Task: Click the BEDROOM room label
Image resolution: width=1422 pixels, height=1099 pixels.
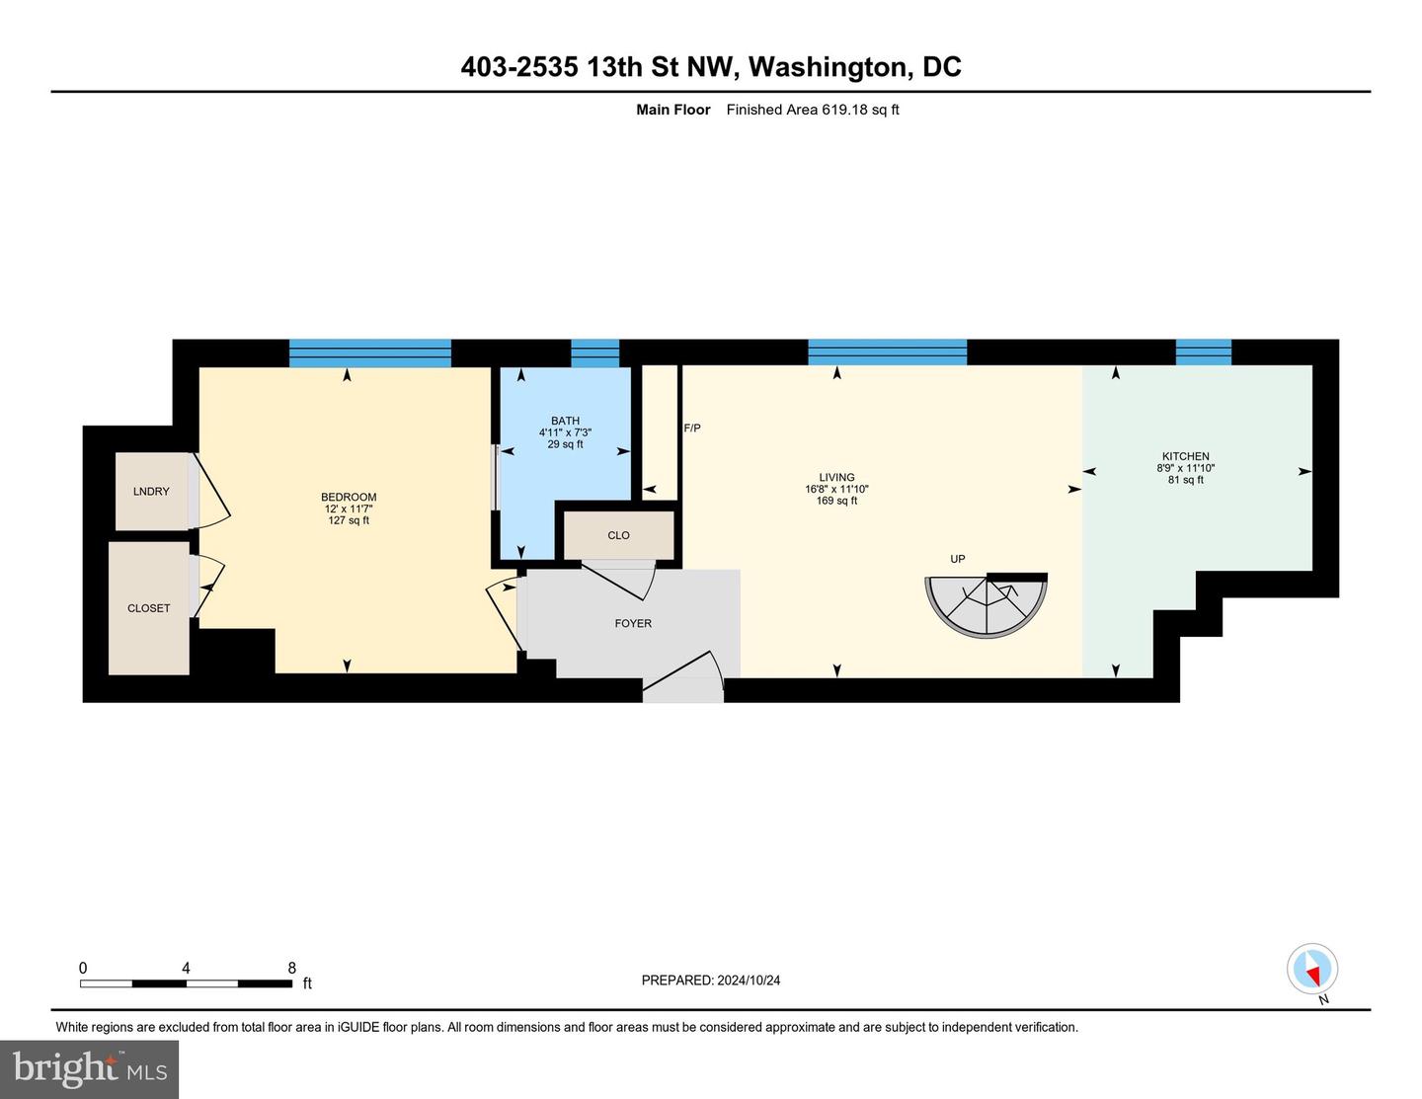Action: pyautogui.click(x=349, y=497)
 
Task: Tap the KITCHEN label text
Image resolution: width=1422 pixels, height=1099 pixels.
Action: pyautogui.click(x=1185, y=456)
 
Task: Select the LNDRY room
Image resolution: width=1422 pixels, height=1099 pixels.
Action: pyautogui.click(x=152, y=492)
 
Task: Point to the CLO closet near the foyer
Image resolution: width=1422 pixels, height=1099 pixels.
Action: pyautogui.click(x=618, y=535)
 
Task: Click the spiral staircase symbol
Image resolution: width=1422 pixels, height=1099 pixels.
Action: pyautogui.click(x=986, y=605)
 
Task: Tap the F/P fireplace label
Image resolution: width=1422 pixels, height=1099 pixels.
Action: pyautogui.click(x=691, y=428)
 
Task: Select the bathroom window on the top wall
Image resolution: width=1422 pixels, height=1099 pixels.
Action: pyautogui.click(x=594, y=353)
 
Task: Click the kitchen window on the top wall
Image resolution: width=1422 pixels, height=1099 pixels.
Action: pyautogui.click(x=1204, y=353)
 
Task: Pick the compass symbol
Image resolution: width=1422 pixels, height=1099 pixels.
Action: pyautogui.click(x=1312, y=970)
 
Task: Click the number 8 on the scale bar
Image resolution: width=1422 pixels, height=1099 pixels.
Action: pyautogui.click(x=292, y=968)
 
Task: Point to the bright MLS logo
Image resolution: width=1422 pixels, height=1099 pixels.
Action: pyautogui.click(x=89, y=1069)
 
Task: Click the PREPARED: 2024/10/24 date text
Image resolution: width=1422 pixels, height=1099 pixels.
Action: pyautogui.click(x=711, y=980)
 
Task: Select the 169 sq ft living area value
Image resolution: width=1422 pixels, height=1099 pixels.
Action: pyautogui.click(x=836, y=501)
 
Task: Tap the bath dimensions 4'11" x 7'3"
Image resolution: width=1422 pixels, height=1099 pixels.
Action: pyautogui.click(x=565, y=432)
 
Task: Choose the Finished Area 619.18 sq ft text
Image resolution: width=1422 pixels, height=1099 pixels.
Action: pyautogui.click(x=813, y=110)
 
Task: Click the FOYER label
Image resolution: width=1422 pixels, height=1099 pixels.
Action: pyautogui.click(x=633, y=623)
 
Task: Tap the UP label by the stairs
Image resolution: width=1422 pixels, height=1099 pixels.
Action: pyautogui.click(x=957, y=559)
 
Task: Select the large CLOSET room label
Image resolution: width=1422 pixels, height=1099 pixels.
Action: pyautogui.click(x=148, y=608)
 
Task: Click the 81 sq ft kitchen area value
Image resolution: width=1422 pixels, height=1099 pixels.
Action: pyautogui.click(x=1185, y=480)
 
